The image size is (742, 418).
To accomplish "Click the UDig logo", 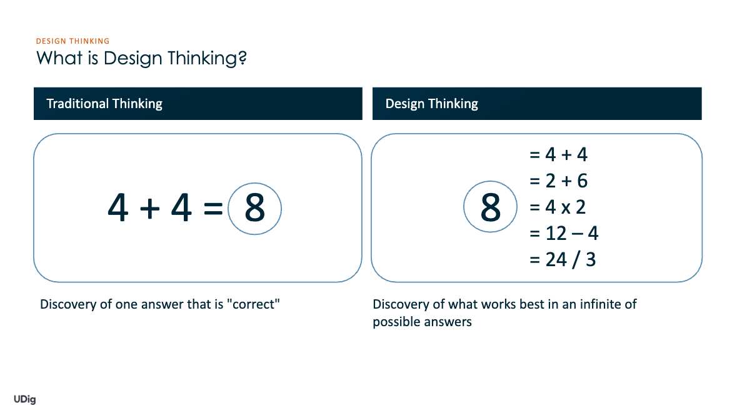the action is click(x=24, y=399).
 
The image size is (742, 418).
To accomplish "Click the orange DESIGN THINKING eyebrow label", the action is click(x=73, y=41).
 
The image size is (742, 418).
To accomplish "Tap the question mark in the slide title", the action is click(x=243, y=57).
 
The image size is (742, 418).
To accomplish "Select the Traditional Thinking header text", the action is click(x=104, y=104).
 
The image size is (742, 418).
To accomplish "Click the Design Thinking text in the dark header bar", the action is click(x=431, y=104).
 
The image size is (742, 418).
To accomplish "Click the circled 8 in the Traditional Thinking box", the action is click(x=254, y=209).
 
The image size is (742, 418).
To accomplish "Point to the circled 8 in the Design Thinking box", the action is click(x=490, y=207).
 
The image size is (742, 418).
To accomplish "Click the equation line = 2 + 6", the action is click(x=558, y=181).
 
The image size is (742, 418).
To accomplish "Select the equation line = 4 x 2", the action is click(x=558, y=207).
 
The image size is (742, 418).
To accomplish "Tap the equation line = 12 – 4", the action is click(x=564, y=233).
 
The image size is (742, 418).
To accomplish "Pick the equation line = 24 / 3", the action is click(x=563, y=259).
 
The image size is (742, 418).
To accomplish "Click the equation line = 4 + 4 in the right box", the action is click(x=558, y=154).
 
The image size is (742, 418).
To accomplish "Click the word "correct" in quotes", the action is click(x=254, y=304).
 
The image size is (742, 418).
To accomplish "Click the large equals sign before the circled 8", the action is click(x=213, y=207).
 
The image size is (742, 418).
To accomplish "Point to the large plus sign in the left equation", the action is click(x=149, y=208).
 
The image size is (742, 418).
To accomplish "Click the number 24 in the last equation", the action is click(x=556, y=259).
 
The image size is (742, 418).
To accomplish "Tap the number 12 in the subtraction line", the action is click(x=556, y=233).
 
